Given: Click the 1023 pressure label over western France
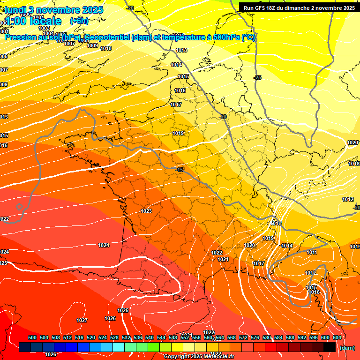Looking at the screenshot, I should tap(146, 211).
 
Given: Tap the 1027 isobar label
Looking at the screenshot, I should tap(82, 320).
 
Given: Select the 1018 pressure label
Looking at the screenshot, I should tap(354, 164).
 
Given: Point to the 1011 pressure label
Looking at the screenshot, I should tap(312, 253).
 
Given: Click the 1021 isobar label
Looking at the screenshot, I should tap(223, 259).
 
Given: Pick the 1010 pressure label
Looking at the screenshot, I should tap(106, 48).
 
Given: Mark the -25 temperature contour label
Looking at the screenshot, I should tap(257, 77).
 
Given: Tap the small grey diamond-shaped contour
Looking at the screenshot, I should tap(19, 207).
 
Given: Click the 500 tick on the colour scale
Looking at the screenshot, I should tap(32, 337).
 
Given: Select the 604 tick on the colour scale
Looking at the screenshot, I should tap(337, 337).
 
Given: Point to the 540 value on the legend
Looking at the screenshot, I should tap(150, 337).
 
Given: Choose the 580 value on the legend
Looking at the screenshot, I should tap(267, 337).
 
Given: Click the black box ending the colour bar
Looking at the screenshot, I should tap(329, 347).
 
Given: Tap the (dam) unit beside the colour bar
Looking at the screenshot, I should tap(347, 348).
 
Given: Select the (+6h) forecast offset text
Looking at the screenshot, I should tap(79, 21).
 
